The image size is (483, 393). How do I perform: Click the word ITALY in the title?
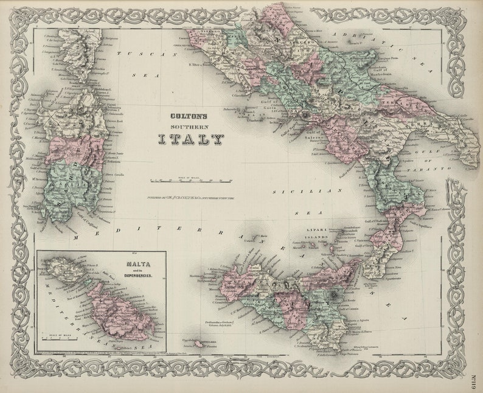tap(190, 139)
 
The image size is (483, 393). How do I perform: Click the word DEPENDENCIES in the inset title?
tap(140, 276)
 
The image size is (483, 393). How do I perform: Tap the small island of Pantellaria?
tap(199, 344)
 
